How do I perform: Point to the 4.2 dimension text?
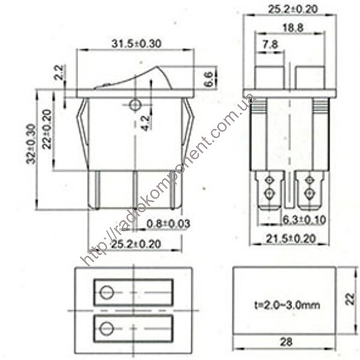145,122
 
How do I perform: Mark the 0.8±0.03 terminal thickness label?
169,224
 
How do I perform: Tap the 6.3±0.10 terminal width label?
304,220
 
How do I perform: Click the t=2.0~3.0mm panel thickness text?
287,305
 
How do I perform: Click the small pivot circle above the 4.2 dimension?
134,105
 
